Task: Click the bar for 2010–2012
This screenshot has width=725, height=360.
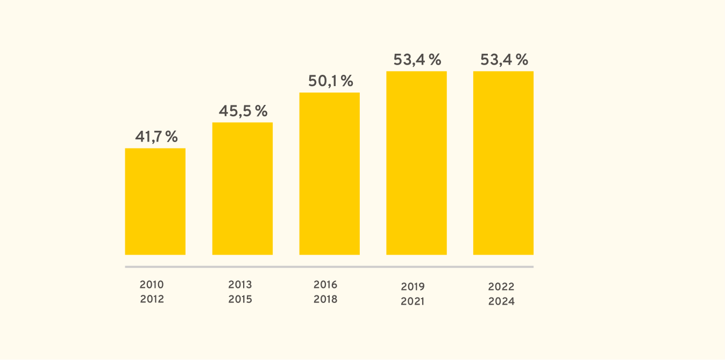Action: click(x=155, y=201)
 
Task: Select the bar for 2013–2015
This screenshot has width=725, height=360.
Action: click(x=243, y=188)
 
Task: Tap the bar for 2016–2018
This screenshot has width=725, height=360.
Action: click(x=330, y=173)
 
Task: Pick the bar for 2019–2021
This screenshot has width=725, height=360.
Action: click(x=416, y=163)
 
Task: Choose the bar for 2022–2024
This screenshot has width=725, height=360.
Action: click(x=503, y=163)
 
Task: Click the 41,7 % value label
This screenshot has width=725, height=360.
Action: click(x=157, y=137)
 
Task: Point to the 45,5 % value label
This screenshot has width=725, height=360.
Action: click(x=243, y=111)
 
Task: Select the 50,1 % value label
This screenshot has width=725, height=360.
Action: click(x=330, y=81)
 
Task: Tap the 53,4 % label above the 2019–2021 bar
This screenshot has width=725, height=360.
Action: click(x=417, y=60)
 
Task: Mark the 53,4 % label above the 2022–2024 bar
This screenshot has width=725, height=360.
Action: click(x=504, y=60)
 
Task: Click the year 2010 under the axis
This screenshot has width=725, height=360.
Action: click(x=152, y=285)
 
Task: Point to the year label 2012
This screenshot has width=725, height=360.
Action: click(x=152, y=299)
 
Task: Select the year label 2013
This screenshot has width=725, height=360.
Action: click(x=240, y=285)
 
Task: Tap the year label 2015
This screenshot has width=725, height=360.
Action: click(x=240, y=299)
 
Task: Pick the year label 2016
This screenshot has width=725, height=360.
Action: click(x=325, y=285)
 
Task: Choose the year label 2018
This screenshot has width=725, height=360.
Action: click(x=325, y=299)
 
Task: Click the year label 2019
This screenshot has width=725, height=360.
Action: click(x=413, y=286)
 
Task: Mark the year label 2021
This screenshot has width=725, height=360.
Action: click(x=413, y=301)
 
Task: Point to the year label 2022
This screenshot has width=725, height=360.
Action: click(x=501, y=286)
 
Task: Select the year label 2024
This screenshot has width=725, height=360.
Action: click(x=501, y=301)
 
